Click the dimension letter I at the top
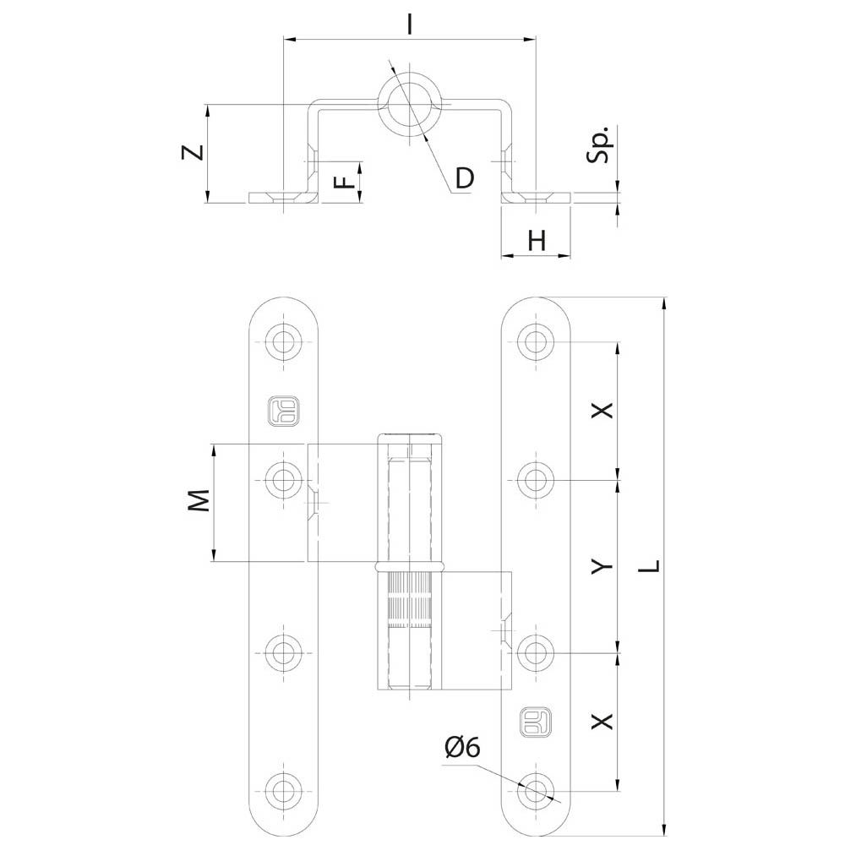point(410,25)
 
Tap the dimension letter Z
point(193,152)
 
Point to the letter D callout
point(465,177)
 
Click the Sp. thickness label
point(599,144)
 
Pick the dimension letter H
point(537,240)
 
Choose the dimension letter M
point(198,500)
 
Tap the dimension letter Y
point(602,566)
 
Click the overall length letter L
point(652,566)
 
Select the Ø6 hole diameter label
point(462,748)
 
